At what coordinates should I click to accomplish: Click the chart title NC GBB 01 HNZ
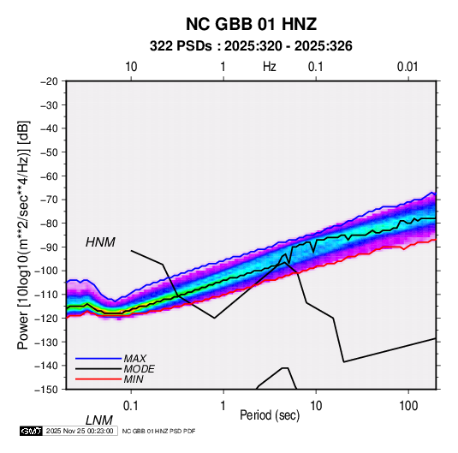(251, 24)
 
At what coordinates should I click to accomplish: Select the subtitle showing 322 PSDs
(251, 46)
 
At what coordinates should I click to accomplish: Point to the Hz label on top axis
(270, 67)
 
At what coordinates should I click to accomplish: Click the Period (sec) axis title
(270, 414)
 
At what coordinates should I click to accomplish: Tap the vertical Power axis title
(23, 235)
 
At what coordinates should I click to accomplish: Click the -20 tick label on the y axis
(49, 81)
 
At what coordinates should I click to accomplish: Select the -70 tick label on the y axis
(49, 200)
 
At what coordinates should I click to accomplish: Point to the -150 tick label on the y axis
(46, 390)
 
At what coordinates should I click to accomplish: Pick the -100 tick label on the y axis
(46, 271)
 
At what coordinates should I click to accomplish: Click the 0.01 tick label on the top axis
(407, 67)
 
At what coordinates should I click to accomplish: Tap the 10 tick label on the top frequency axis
(131, 67)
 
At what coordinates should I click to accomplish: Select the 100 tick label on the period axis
(408, 406)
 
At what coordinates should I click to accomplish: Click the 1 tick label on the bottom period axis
(223, 406)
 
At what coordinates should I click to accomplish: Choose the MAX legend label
(135, 358)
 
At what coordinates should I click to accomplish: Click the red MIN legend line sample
(98, 379)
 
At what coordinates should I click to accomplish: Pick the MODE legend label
(139, 369)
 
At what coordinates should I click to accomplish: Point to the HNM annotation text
(100, 242)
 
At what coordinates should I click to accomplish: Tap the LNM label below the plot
(98, 420)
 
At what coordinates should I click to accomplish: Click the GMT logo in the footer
(32, 431)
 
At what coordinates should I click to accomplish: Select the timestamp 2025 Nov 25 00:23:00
(80, 431)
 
